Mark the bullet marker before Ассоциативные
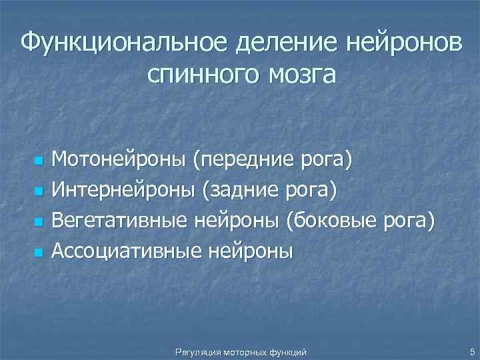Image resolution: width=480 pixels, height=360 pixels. [x=39, y=251]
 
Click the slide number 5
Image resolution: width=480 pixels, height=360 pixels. [x=472, y=351]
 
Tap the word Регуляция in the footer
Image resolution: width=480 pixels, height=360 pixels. [x=194, y=351]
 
